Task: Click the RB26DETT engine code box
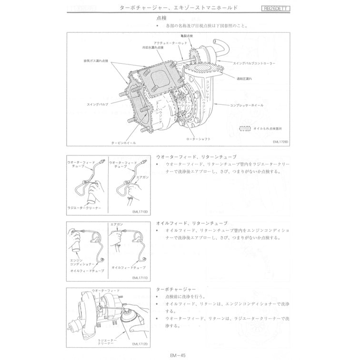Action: (279, 9)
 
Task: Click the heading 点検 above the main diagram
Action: (162, 18)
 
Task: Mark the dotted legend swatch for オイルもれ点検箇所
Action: (245, 129)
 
